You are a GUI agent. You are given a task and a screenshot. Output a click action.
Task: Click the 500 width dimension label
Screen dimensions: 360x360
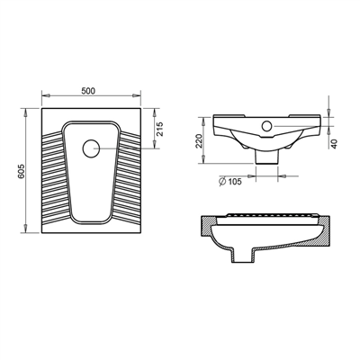[88, 91]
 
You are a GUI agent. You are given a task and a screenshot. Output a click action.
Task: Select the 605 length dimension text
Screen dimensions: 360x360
[22, 172]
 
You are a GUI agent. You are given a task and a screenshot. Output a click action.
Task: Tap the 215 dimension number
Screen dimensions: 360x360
[159, 129]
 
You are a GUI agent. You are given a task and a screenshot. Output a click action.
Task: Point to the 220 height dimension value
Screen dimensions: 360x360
[199, 140]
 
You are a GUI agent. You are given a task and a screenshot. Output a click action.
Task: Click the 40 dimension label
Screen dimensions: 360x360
[334, 144]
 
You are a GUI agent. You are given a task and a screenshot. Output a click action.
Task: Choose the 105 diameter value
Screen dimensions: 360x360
[235, 182]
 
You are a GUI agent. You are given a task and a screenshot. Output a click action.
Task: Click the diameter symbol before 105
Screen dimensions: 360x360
[222, 182]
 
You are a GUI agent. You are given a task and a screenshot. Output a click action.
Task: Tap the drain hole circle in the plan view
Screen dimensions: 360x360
[91, 148]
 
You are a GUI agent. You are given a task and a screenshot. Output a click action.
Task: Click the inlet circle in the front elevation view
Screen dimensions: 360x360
[266, 126]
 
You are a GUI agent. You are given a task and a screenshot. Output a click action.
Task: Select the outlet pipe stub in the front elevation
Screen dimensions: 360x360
[266, 157]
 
